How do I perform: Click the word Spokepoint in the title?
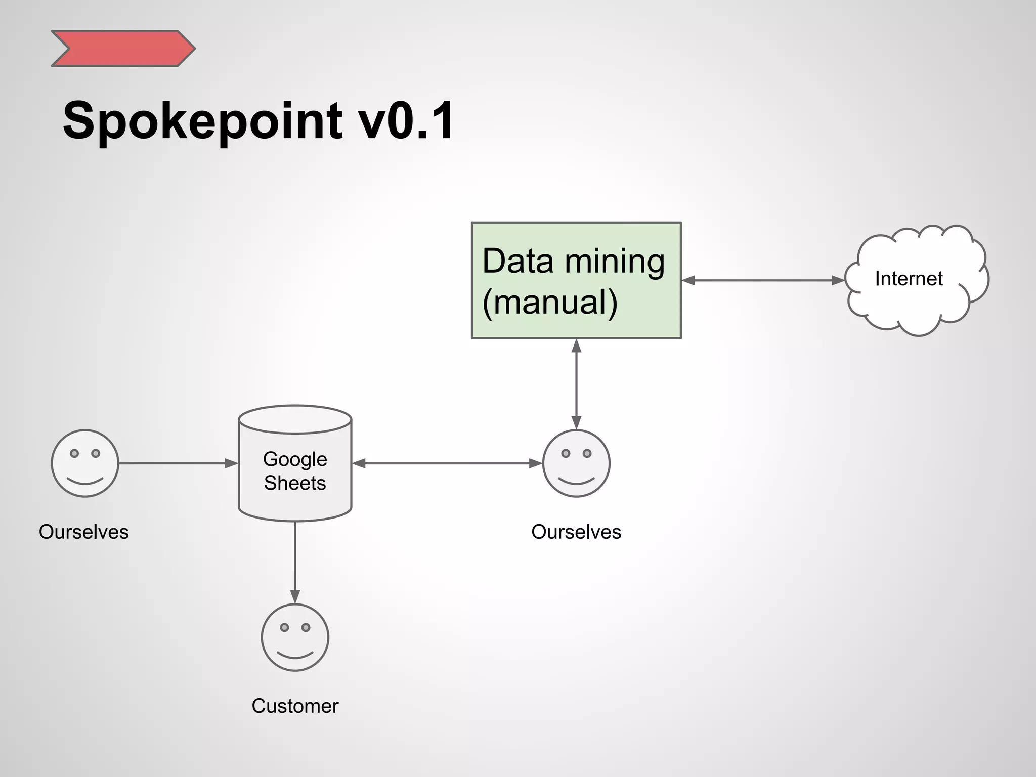pyautogui.click(x=202, y=121)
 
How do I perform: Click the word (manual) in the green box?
pyautogui.click(x=550, y=303)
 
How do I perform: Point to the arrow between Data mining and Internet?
pyautogui.click(x=763, y=280)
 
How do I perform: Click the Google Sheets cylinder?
pyautogui.click(x=295, y=501)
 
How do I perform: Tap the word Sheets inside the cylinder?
pyautogui.click(x=295, y=483)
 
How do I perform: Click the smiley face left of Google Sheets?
pyautogui.click(x=85, y=463)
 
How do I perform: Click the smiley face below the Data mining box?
pyautogui.click(x=576, y=463)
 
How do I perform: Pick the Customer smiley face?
pyautogui.click(x=295, y=637)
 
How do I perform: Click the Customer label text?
pyautogui.click(x=295, y=706)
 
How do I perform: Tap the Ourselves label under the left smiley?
pyautogui.click(x=84, y=532)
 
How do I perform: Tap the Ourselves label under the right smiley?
pyautogui.click(x=576, y=532)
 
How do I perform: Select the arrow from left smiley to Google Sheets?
pyautogui.click(x=177, y=463)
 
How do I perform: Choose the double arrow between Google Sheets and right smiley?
pyautogui.click(x=447, y=463)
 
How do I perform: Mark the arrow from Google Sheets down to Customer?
pyautogui.click(x=295, y=562)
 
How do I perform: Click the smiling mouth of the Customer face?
pyautogui.click(x=295, y=656)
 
